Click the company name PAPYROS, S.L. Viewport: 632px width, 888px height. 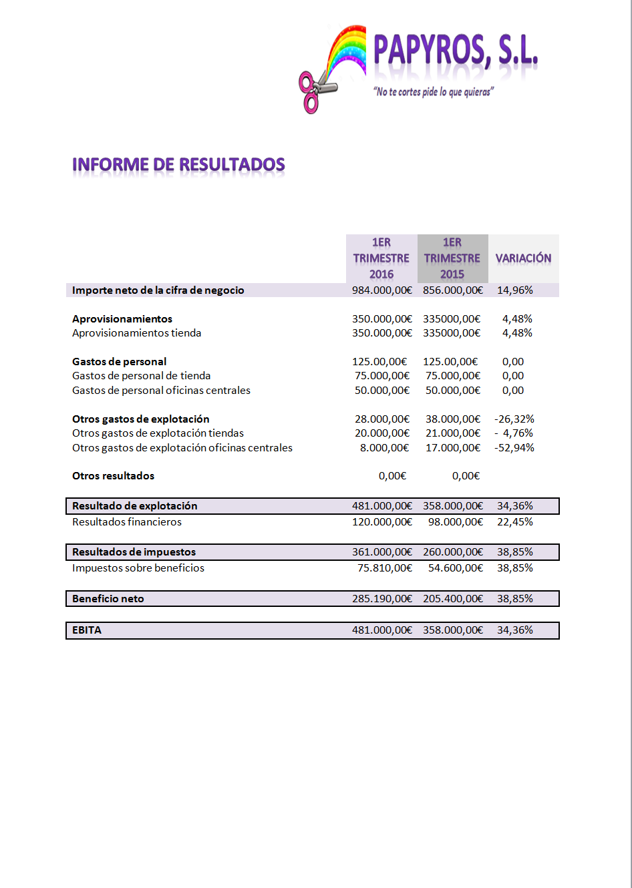tap(456, 51)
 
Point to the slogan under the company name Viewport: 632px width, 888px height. tap(434, 91)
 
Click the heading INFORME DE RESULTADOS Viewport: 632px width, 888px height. tap(178, 164)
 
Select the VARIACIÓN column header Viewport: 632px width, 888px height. tap(523, 258)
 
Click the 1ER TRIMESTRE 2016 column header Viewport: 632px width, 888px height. tap(381, 258)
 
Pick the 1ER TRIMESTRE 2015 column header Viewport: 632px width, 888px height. tap(452, 258)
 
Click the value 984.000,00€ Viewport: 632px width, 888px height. tap(382, 290)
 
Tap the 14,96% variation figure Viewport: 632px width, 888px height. tap(515, 290)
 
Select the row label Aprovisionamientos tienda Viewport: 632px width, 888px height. tap(136, 333)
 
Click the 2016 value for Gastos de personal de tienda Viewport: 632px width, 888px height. tap(382, 376)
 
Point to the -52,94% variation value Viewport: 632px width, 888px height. tap(514, 448)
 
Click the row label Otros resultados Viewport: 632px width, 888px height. tap(113, 476)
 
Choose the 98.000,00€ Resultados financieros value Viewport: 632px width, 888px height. tap(456, 522)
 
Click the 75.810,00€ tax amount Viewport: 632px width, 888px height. tap(385, 568)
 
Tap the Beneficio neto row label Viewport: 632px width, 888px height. tap(108, 599)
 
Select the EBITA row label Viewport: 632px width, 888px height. tap(87, 630)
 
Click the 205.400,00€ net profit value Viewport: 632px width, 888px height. tap(453, 599)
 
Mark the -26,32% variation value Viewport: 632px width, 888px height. tap(514, 419)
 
